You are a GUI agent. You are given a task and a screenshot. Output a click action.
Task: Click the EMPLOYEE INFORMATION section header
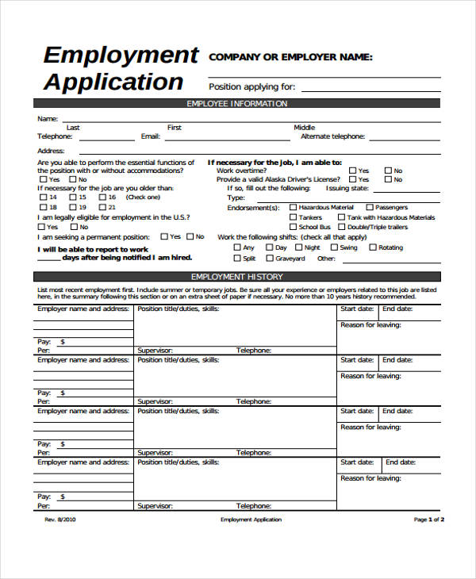click(x=236, y=104)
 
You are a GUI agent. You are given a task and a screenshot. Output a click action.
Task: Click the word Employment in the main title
click(x=121, y=56)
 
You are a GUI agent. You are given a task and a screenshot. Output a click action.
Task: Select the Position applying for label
click(x=251, y=86)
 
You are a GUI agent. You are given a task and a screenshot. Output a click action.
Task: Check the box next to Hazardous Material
click(x=293, y=207)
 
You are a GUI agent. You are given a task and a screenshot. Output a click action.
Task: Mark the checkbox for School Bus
click(x=293, y=228)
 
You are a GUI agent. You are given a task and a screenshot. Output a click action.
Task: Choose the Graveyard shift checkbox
click(x=269, y=258)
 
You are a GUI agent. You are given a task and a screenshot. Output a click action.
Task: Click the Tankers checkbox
click(x=293, y=217)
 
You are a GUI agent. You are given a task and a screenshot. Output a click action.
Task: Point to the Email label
click(x=150, y=136)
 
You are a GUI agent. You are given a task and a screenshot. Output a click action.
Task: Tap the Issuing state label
click(x=348, y=188)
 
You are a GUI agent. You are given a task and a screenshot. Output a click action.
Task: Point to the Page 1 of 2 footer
click(x=428, y=520)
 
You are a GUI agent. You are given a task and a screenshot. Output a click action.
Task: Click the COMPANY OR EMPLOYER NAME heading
click(x=290, y=57)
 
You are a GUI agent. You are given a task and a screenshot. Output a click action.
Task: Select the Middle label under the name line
click(x=304, y=128)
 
